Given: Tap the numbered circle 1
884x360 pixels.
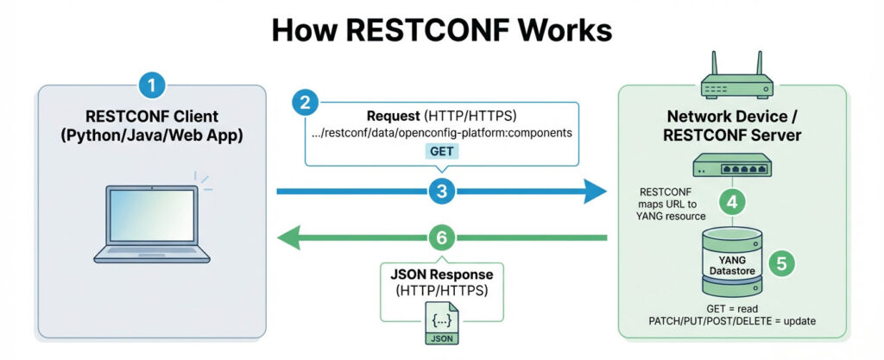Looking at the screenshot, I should (x=152, y=85).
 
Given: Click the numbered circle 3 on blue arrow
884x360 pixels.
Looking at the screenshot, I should (x=441, y=192).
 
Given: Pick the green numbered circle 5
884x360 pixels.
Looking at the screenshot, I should (x=781, y=262).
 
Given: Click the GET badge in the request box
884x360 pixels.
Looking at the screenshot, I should (x=441, y=149).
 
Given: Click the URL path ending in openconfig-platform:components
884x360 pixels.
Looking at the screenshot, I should (x=441, y=133).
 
